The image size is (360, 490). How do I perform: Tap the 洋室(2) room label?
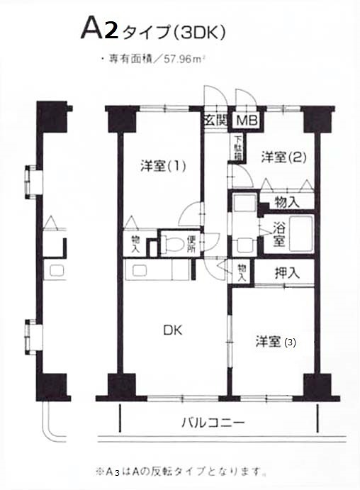281,157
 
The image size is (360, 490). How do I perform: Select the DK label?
174,330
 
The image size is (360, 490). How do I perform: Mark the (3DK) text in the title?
203,32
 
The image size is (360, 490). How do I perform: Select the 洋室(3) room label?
275,342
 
